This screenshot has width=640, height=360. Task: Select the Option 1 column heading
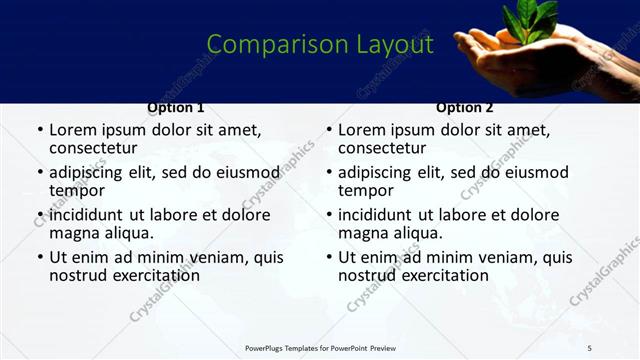tap(176, 108)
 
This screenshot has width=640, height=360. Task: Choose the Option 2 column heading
tap(465, 108)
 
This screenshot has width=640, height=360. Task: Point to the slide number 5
tap(618, 348)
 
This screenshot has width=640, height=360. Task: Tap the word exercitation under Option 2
tap(445, 275)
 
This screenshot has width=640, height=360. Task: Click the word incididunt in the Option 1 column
tap(89, 215)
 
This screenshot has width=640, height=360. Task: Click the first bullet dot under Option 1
tap(39, 131)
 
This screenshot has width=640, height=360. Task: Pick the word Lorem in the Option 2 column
tap(361, 130)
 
